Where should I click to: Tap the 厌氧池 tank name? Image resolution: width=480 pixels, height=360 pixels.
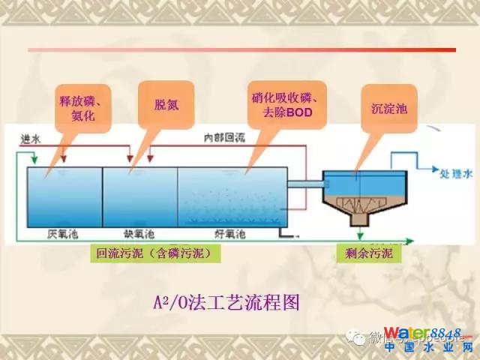click(x=62, y=234)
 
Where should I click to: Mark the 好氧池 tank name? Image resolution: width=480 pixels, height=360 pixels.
click(x=229, y=234)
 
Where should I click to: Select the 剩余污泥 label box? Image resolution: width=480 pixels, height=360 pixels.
click(x=368, y=255)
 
